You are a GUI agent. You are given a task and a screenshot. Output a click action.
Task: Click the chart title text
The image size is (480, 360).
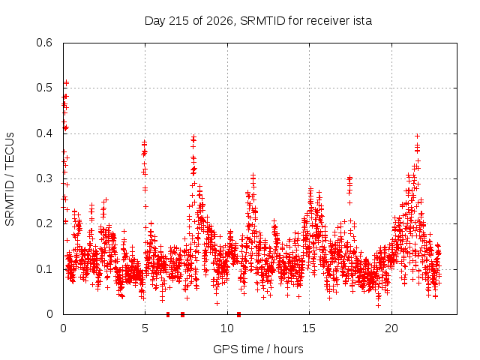click(x=258, y=21)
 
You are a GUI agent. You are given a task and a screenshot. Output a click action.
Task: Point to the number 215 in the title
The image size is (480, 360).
click(x=178, y=21)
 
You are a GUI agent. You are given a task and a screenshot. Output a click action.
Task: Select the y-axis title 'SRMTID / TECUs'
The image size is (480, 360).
click(x=10, y=179)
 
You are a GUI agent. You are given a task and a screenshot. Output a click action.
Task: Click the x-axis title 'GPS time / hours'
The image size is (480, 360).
click(x=258, y=349)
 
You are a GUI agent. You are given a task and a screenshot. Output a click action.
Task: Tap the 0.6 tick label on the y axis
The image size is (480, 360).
click(x=44, y=43)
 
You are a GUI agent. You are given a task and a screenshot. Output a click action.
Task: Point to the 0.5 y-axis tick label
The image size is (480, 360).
click(x=44, y=88)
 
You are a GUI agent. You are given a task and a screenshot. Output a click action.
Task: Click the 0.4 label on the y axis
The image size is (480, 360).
click(x=44, y=133)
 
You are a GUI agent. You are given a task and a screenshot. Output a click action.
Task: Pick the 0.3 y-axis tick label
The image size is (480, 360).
click(x=44, y=178)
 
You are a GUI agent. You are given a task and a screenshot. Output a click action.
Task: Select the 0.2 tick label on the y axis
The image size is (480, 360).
click(x=44, y=223)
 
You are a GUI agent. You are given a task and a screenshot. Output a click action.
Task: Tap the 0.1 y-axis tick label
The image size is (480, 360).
click(x=44, y=269)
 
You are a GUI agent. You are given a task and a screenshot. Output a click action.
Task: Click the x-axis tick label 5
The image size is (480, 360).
click(x=145, y=328)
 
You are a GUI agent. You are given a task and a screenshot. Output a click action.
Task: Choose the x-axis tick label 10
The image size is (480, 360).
click(x=227, y=328)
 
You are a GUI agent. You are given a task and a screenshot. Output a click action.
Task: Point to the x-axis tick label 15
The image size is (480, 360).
click(x=309, y=328)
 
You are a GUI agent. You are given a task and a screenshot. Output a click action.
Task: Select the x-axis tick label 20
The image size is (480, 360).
click(x=391, y=328)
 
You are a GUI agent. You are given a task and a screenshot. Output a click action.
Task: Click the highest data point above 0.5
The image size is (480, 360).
click(x=67, y=82)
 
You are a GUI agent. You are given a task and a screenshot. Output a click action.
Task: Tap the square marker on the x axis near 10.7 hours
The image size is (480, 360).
click(x=238, y=314)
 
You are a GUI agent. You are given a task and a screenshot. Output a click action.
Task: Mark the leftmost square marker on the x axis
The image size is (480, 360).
click(x=168, y=314)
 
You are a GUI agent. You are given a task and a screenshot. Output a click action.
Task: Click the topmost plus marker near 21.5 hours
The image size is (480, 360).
click(x=417, y=136)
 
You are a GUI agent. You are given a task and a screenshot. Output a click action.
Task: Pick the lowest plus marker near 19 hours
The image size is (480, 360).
click(x=378, y=305)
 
